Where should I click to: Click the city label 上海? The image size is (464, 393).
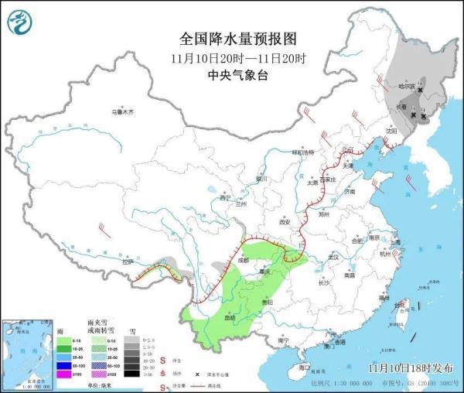(394, 241)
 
